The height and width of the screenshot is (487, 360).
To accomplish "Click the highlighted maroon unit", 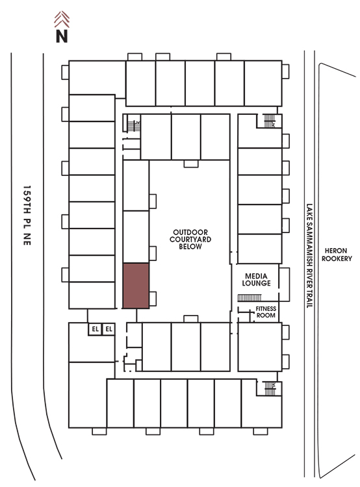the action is pos(136,286).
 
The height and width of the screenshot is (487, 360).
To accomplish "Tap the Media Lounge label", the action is pos(256,279).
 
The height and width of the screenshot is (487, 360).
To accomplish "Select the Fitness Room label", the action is pos(266,312).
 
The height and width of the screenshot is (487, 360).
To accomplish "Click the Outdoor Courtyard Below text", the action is pos(190,239).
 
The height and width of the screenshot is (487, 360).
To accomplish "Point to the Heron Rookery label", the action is pos(337,255).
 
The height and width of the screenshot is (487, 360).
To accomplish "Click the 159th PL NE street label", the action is pos(27,216).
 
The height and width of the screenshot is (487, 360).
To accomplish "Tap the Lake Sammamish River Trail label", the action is pos(309,256).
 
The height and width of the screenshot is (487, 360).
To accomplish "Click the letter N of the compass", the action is pos(62,36).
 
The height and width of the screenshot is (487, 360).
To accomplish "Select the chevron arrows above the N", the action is pos(62,19).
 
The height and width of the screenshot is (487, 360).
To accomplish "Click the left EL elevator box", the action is pos(95,329).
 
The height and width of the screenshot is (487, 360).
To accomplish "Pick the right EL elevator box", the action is pos(109,329).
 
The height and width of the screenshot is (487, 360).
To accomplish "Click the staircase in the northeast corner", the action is pos(270,121).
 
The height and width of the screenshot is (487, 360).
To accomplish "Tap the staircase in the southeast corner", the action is pos(270,388).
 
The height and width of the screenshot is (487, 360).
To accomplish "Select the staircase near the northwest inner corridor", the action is pos(134,126).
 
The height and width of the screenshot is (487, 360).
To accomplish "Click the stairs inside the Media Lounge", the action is pos(250,298).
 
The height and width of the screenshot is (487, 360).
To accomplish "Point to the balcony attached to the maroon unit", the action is pos(153,299).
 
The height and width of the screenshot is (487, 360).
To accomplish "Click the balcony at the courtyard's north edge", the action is pos(191,164).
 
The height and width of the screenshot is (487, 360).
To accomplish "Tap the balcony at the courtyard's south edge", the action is pos(191,319).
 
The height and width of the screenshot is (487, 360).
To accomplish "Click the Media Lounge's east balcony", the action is pos(284,284).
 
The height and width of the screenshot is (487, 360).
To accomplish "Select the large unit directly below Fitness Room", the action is pos(260,347).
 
